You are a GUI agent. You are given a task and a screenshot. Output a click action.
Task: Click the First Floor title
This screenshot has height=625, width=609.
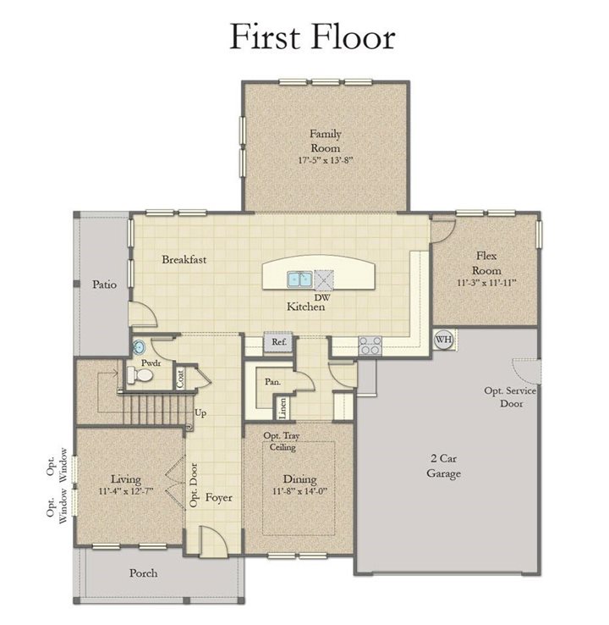(x=312, y=36)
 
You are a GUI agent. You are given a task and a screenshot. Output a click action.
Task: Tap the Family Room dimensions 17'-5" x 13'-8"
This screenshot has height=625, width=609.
(x=326, y=160)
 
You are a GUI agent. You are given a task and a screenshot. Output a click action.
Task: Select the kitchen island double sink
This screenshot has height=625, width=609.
(x=299, y=279)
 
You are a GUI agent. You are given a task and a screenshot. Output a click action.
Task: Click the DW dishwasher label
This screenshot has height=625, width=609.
(x=322, y=297)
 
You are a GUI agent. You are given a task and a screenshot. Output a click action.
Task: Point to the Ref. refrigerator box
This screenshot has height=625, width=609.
(x=278, y=342)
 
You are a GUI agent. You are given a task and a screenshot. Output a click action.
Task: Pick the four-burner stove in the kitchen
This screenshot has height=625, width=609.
(x=370, y=346)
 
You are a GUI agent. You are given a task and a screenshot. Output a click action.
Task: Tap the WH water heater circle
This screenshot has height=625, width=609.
(x=443, y=340)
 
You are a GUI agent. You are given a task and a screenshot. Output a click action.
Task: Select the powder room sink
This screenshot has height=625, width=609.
(x=139, y=347)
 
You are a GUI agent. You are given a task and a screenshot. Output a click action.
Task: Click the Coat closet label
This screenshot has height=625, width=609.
(x=181, y=378)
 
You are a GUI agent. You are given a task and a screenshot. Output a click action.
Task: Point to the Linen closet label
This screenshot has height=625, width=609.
(x=283, y=407)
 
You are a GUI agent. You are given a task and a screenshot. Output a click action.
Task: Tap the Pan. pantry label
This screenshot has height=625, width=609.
(x=272, y=382)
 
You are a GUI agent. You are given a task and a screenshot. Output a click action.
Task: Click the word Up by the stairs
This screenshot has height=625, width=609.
(x=200, y=413)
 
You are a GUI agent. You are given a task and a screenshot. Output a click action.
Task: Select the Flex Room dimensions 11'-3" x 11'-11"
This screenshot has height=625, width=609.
(x=486, y=283)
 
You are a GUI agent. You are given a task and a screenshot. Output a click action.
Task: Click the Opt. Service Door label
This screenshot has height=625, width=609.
(x=511, y=397)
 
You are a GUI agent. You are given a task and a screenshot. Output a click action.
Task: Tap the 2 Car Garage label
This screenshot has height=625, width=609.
(x=443, y=466)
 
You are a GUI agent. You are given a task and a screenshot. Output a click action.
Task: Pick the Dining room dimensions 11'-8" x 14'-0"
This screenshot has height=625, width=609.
(x=299, y=491)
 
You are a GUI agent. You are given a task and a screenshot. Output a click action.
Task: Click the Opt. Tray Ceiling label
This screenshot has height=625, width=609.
(x=282, y=441)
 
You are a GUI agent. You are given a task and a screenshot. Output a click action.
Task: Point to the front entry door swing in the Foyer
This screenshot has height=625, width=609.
(x=214, y=541)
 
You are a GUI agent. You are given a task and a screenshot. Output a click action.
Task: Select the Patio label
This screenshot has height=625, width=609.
(x=105, y=285)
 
